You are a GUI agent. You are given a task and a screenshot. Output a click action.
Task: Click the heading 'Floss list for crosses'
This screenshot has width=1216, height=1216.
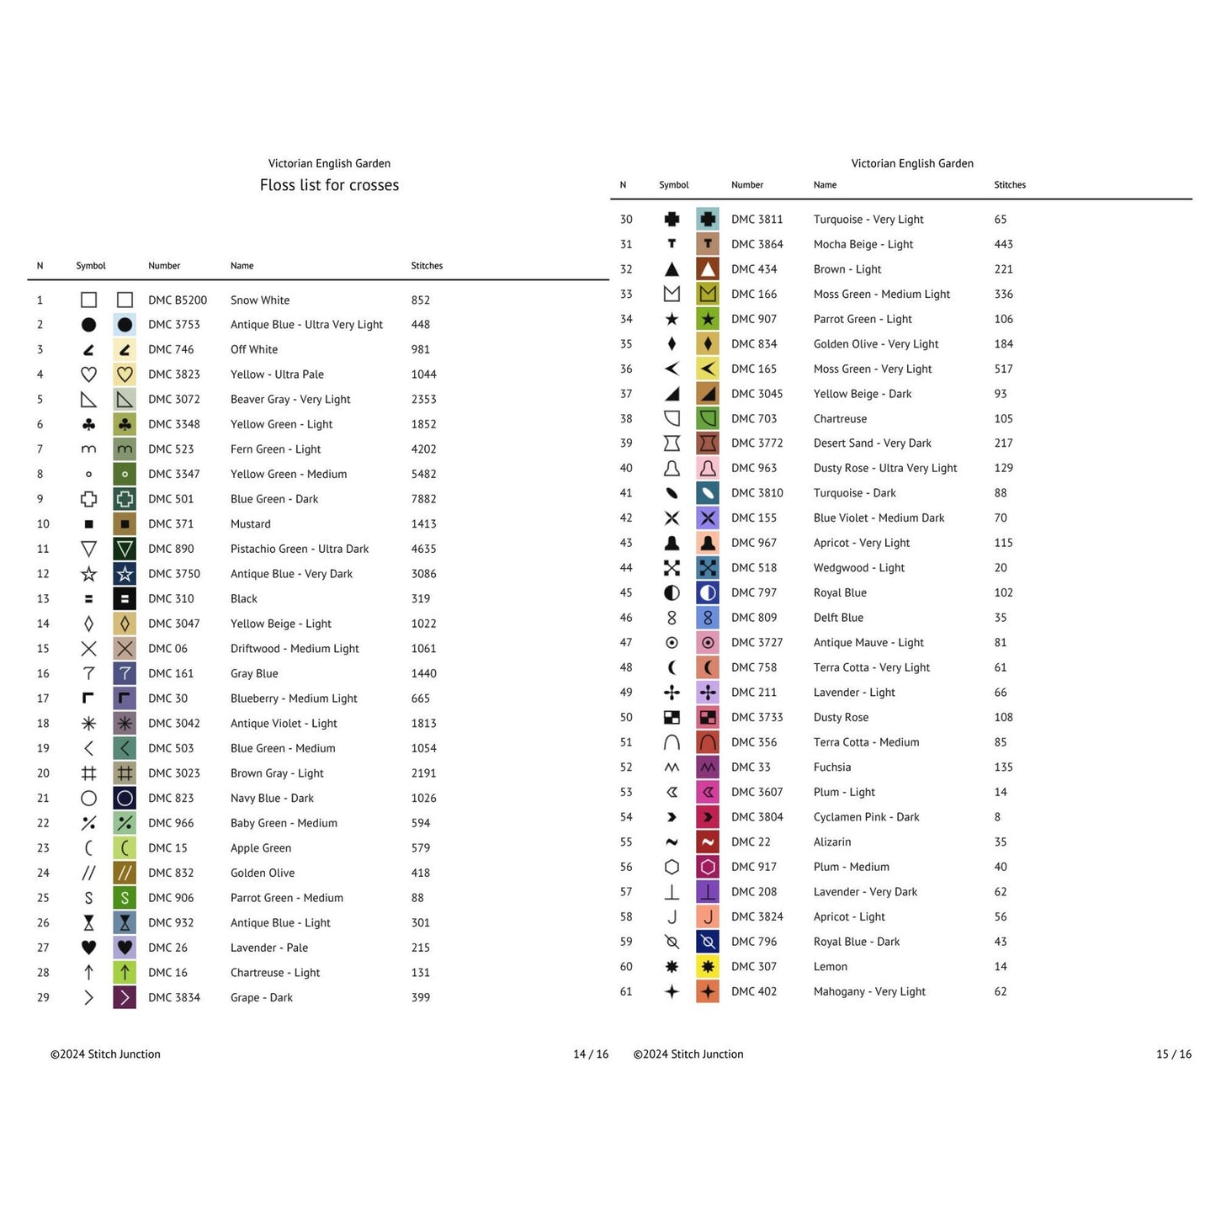point(329,185)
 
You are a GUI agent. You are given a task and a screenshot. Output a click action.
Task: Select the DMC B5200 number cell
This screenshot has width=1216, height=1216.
point(178,300)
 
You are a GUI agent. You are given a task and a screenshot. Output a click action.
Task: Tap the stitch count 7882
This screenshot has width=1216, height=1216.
point(423,499)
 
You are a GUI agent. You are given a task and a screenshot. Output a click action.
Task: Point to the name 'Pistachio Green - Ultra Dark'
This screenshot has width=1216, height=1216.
point(300,549)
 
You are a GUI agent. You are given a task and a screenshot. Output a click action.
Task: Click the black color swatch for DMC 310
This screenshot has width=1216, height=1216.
point(125,599)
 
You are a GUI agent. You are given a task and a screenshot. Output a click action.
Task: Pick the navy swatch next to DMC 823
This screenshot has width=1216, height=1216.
point(125,799)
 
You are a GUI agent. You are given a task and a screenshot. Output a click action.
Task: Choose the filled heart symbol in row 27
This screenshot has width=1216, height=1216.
point(88,948)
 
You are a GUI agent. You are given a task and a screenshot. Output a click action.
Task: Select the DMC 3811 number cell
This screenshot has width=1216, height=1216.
point(757,220)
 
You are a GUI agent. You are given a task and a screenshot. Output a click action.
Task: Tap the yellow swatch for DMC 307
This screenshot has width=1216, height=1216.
point(708,967)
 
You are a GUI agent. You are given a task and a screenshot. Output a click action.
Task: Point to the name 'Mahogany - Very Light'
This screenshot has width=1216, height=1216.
point(869,992)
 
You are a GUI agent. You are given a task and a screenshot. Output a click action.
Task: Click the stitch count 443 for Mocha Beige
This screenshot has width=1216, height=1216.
point(1003,245)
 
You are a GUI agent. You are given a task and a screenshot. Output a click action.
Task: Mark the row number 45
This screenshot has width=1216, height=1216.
point(626,593)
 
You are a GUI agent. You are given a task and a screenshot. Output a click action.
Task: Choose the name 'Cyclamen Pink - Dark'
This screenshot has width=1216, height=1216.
point(866,817)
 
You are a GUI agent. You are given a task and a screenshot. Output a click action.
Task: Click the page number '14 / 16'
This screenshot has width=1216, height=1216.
point(591,1054)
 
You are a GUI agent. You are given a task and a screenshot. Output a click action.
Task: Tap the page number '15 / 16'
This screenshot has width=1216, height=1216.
point(1174,1054)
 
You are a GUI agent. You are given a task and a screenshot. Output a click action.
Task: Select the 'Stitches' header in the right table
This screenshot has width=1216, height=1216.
point(1010,185)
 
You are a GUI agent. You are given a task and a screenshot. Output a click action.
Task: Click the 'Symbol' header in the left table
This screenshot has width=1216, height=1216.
point(91,266)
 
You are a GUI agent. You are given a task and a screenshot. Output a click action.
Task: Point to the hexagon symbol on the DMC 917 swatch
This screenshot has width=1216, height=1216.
point(708,867)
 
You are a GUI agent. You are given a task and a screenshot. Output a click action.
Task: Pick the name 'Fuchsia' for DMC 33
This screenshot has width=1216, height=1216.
point(832,767)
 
